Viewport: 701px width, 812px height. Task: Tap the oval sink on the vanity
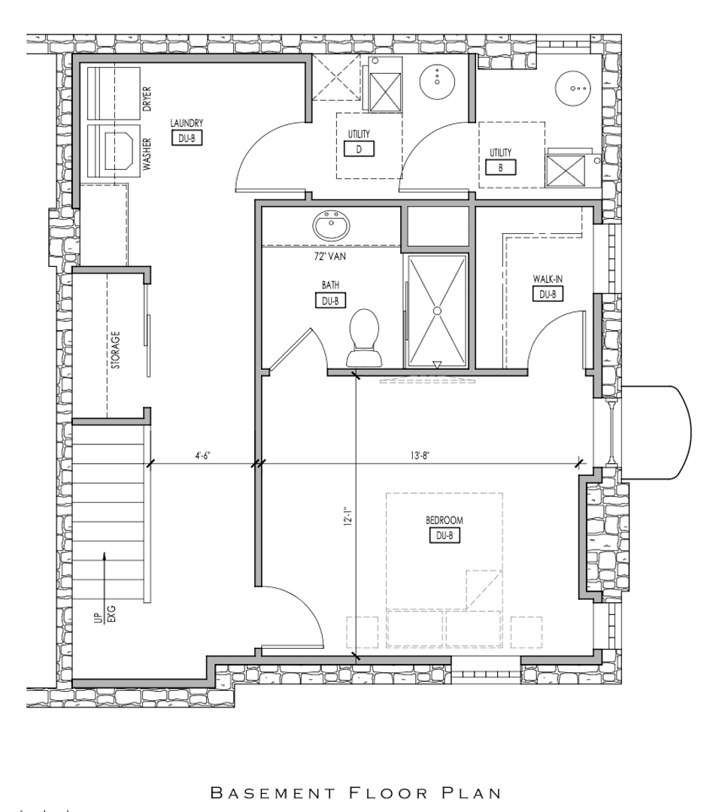[x=332, y=226]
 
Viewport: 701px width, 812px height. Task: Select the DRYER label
[x=147, y=99]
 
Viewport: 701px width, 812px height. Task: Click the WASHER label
[x=147, y=154]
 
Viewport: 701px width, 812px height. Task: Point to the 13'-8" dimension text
[x=420, y=455]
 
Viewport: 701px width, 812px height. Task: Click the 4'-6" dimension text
[x=202, y=455]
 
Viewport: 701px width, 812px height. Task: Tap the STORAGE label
[x=116, y=350]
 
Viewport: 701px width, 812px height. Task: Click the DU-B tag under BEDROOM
[x=445, y=535]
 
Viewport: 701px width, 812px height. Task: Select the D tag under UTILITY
[x=359, y=149]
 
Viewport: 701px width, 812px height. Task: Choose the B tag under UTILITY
[x=500, y=168]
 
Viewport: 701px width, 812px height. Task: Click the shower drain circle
[x=437, y=311]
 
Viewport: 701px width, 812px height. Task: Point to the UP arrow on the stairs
[x=104, y=577]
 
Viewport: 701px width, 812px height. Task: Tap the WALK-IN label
[x=548, y=279]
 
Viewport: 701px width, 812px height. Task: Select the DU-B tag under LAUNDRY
[x=187, y=138]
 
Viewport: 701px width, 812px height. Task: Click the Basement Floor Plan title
[x=356, y=793]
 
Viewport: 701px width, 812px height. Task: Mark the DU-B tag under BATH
[x=330, y=300]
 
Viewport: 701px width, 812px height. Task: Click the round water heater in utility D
[x=437, y=81]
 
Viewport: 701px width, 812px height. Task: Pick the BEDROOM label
[x=445, y=520]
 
